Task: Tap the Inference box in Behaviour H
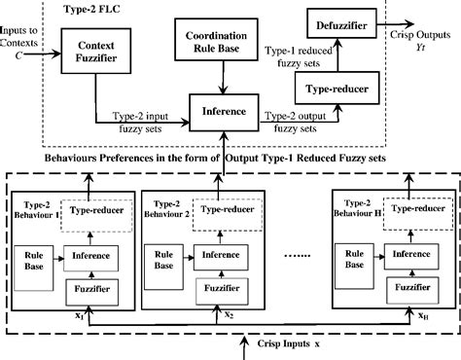[408, 255]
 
